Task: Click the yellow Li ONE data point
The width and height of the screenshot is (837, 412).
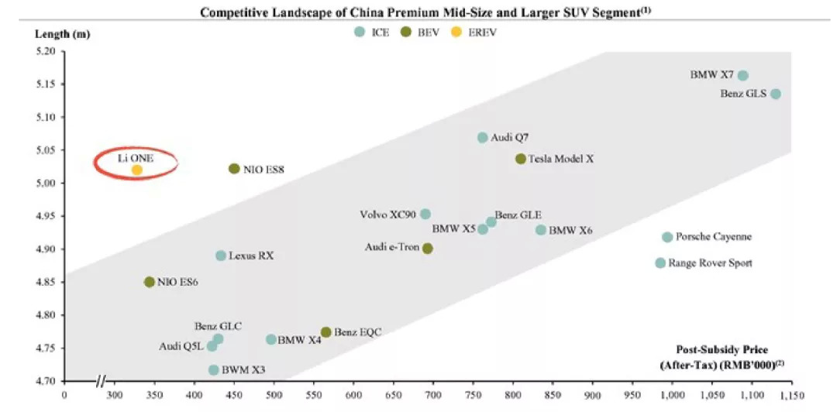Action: tap(137, 170)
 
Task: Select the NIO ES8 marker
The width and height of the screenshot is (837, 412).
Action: tap(234, 169)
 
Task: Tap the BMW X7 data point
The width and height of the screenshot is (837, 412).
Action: tap(742, 76)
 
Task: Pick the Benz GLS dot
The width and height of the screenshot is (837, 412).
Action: tap(775, 94)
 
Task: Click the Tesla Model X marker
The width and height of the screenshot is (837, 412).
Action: tap(521, 159)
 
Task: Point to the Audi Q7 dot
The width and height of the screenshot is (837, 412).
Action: tap(483, 138)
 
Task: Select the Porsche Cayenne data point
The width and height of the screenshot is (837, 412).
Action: tap(667, 237)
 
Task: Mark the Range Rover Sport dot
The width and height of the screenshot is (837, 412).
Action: tap(660, 263)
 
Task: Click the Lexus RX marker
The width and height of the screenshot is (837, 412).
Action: tap(221, 256)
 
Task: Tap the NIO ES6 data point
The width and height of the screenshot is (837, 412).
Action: tap(150, 282)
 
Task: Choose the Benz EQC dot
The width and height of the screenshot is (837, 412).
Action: tap(326, 332)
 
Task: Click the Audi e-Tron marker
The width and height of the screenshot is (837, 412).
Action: tap(427, 249)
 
